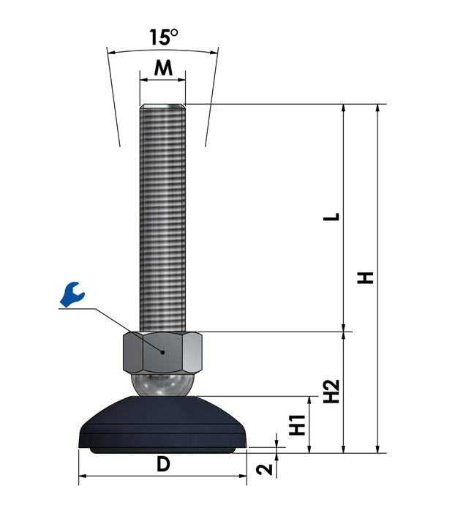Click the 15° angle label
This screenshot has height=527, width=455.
click(x=164, y=37)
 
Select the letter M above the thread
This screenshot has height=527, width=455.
click(x=163, y=68)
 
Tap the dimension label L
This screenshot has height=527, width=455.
click(x=331, y=217)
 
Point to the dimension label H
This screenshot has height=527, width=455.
click(x=365, y=278)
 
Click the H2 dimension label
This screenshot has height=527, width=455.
click(x=331, y=391)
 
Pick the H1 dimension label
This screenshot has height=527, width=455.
click(x=298, y=425)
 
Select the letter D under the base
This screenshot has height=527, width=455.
click(x=163, y=464)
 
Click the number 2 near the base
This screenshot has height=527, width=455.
click(x=265, y=469)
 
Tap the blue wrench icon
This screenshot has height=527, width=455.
click(x=72, y=294)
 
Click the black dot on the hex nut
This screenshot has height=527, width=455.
click(x=162, y=352)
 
